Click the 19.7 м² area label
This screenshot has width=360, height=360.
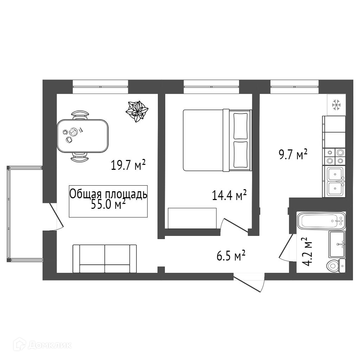tap(128, 165)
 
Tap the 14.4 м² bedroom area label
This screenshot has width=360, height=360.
tap(229, 195)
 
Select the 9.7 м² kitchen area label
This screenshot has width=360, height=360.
tap(293, 154)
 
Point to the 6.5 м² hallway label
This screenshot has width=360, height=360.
tap(231, 256)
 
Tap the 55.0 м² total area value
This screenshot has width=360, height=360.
tap(108, 204)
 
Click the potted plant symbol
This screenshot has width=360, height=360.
tap(137, 111)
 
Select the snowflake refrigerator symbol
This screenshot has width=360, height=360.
tap(336, 105)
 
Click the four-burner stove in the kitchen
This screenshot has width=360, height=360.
tap(334, 157)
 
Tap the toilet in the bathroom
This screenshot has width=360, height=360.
tap(336, 266)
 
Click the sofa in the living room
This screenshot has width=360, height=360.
tap(105, 258)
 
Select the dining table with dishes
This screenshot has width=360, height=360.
tap(83, 136)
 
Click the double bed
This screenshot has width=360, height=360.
tap(217, 140)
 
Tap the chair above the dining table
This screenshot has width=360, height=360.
tap(80, 115)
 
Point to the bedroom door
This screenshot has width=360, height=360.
tap(234, 226)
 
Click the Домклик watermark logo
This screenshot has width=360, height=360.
tap(42, 345)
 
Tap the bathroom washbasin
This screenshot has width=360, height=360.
tap(337, 244)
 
